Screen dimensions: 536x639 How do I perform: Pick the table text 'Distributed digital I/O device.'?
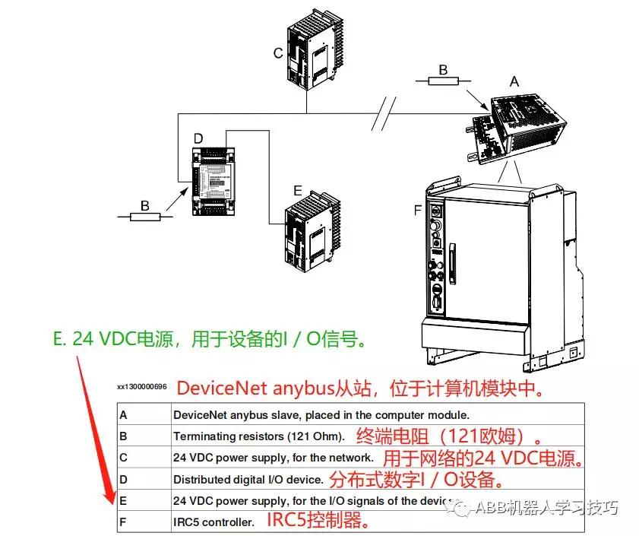click(x=248, y=480)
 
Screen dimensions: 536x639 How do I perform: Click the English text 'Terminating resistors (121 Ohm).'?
click(x=259, y=436)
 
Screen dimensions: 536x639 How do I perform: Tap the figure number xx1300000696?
click(x=141, y=387)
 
